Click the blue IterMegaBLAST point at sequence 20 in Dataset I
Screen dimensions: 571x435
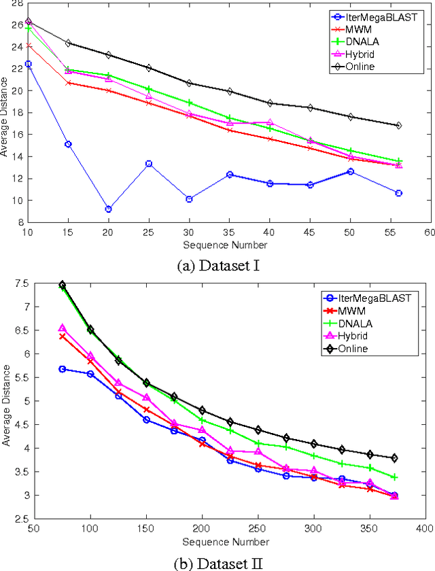(108, 209)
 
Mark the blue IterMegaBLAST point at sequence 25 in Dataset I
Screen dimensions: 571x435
(149, 164)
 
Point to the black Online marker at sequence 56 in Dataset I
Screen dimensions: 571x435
(398, 126)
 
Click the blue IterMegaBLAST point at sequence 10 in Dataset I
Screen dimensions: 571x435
(29, 64)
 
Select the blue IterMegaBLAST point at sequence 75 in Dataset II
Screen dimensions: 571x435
(63, 369)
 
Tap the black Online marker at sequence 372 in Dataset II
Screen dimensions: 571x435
(394, 458)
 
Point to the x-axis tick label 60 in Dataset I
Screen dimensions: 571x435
(429, 232)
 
